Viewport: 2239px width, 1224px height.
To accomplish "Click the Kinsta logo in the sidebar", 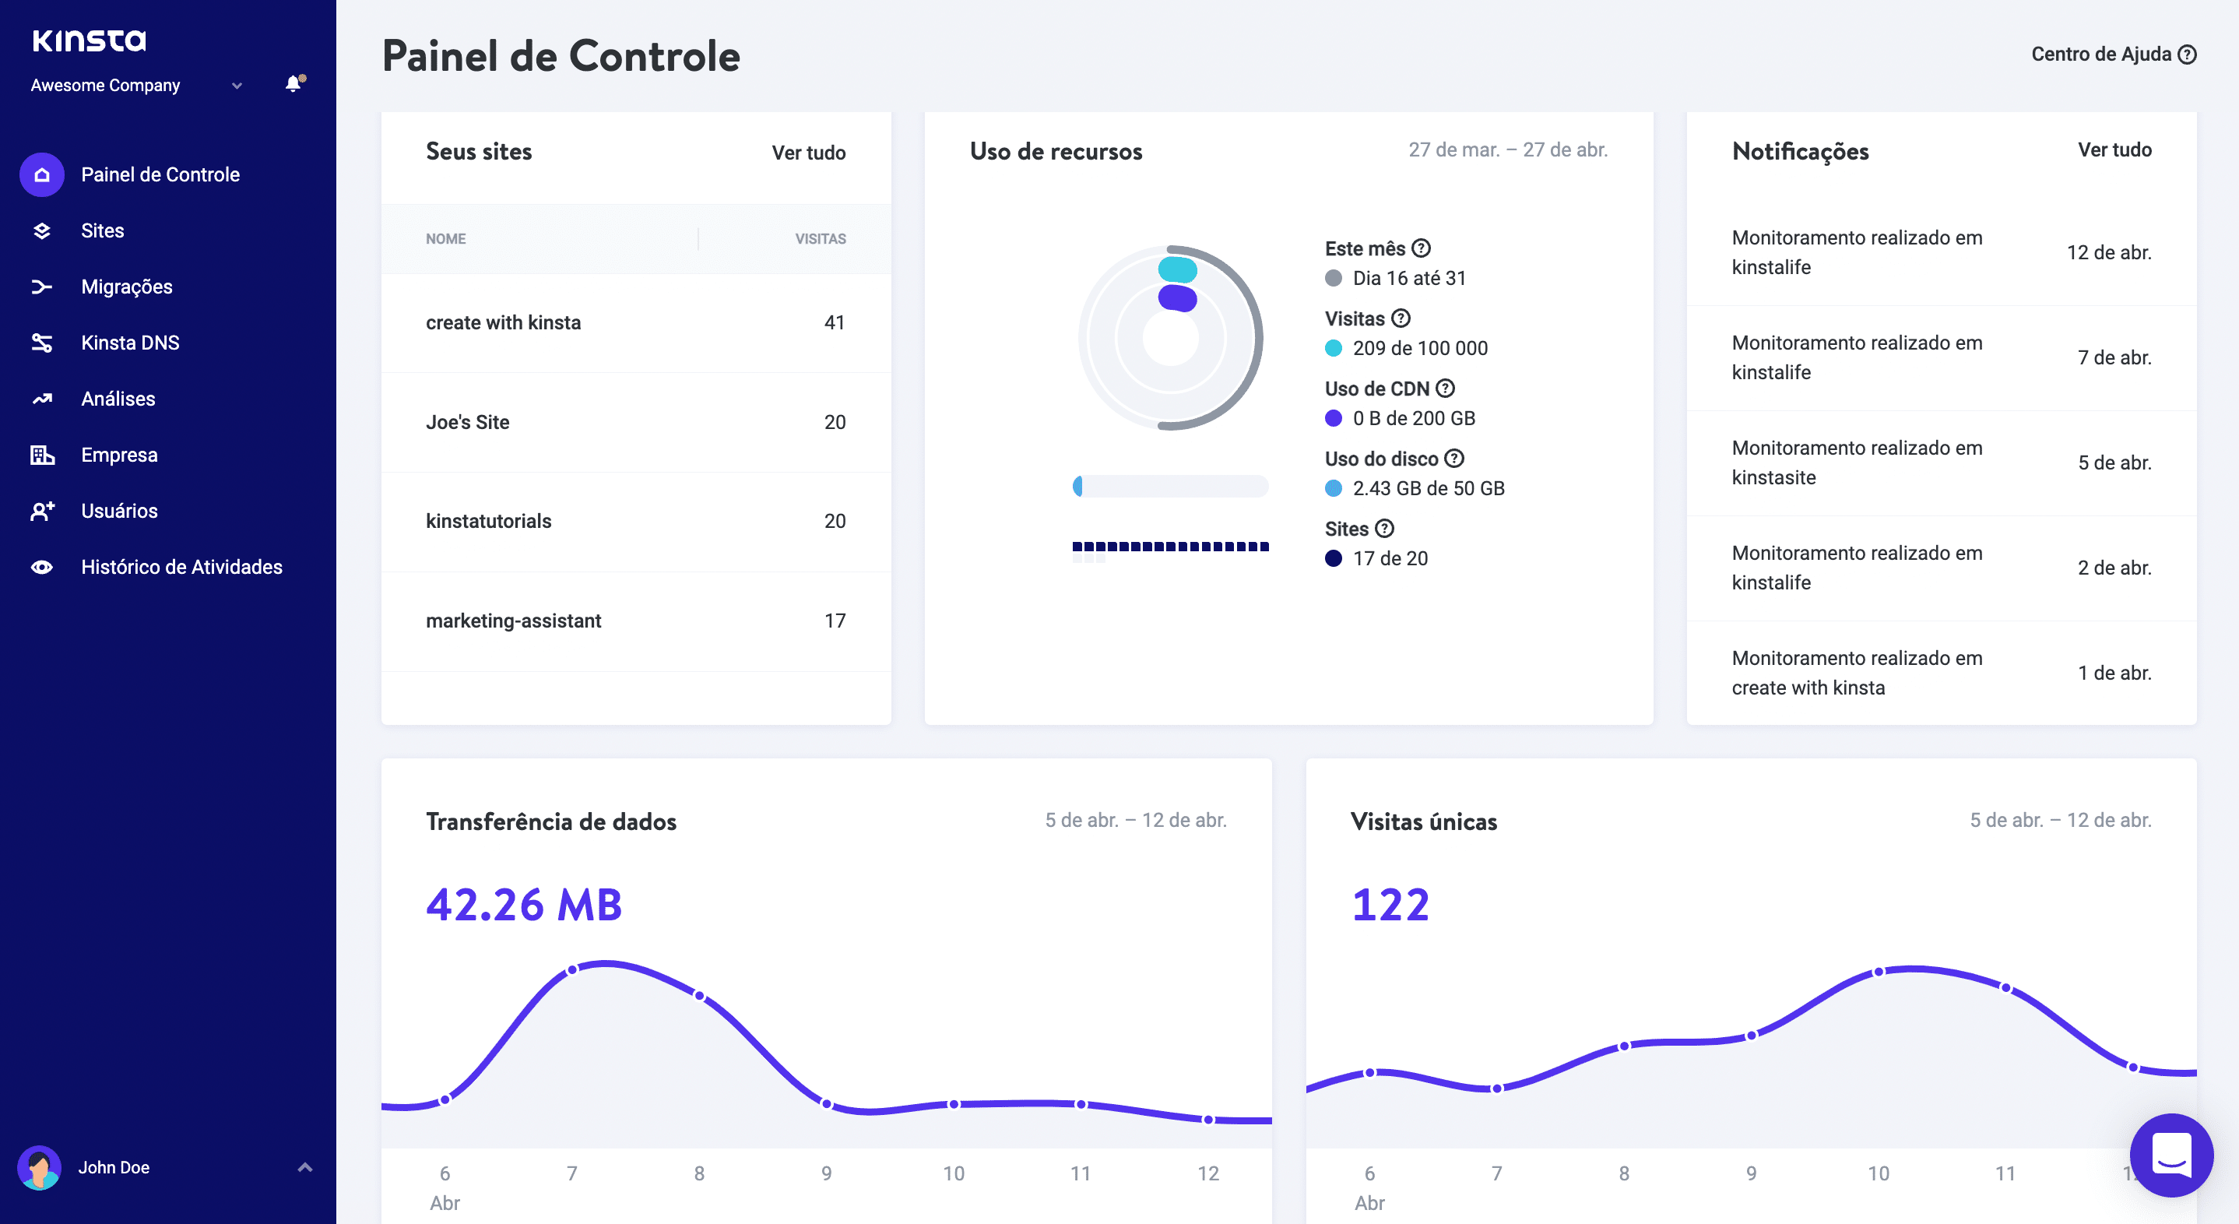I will click(x=90, y=40).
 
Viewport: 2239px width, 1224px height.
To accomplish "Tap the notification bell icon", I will click(x=293, y=84).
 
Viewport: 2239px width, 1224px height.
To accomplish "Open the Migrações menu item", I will click(x=126, y=287).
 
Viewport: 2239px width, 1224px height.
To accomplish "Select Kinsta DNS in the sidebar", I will click(x=129, y=343).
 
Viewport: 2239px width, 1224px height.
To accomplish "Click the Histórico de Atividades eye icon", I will click(x=42, y=568).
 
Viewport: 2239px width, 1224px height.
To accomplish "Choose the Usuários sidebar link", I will click(x=119, y=511).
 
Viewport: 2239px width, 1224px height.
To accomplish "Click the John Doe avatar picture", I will click(x=39, y=1167).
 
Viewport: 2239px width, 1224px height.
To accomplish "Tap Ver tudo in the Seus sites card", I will click(x=807, y=153).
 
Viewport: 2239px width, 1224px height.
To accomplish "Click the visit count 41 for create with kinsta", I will click(x=834, y=322).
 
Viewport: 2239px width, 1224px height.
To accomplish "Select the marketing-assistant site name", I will click(x=513, y=621).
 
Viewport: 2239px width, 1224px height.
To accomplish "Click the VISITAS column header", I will click(x=820, y=239).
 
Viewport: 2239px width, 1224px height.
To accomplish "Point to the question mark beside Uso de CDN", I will click(x=1445, y=389).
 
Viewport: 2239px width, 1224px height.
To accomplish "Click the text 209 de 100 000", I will click(x=1419, y=349).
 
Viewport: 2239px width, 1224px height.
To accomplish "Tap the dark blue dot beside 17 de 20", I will click(x=1333, y=559).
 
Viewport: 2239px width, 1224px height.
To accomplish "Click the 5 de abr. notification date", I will click(x=2114, y=463).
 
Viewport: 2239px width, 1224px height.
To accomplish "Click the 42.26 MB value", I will click(x=524, y=905).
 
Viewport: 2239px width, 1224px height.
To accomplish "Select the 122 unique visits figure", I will click(x=1390, y=905).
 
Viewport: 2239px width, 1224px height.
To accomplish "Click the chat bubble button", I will click(x=2170, y=1155).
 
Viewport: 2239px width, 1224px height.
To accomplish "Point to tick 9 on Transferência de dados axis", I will click(x=826, y=1173).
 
